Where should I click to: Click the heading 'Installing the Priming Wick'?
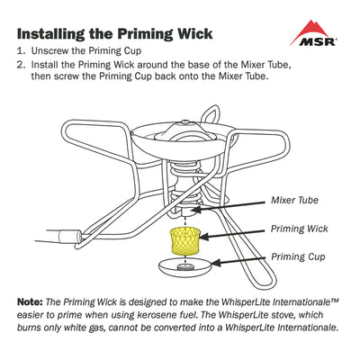click(115, 33)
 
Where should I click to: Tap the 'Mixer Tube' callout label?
click(295, 200)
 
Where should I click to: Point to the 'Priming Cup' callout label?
click(298, 256)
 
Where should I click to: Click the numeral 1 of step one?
click(22, 53)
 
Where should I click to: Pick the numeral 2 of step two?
click(22, 66)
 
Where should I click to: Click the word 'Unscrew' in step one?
click(53, 53)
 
